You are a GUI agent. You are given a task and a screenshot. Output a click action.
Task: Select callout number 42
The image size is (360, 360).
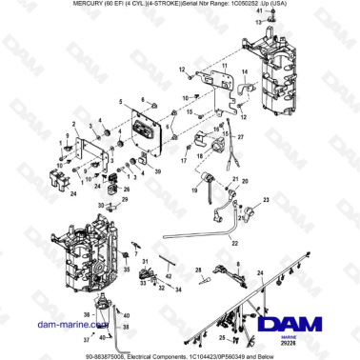169,276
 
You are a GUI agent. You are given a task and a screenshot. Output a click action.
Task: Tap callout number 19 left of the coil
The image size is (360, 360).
194,189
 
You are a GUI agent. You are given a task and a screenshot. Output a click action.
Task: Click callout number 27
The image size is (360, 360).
240,138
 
